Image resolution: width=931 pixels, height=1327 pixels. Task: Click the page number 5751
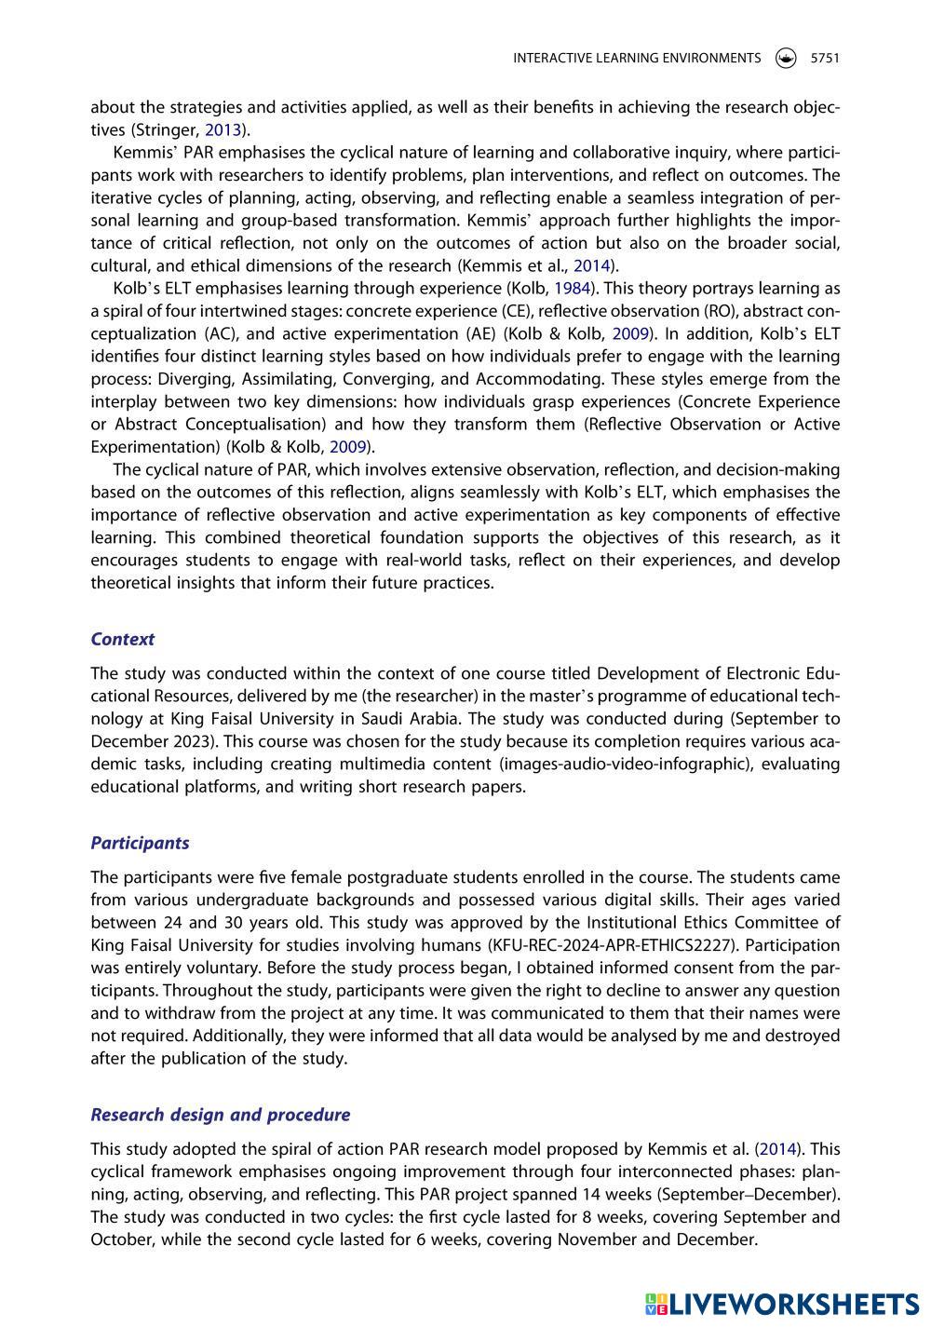tap(825, 58)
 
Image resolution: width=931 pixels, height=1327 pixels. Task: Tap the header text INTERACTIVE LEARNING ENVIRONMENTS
tap(637, 58)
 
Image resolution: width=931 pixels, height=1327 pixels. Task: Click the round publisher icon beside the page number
tap(786, 58)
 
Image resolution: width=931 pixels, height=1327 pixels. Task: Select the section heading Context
tap(122, 639)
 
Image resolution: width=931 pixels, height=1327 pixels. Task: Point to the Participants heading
tap(140, 843)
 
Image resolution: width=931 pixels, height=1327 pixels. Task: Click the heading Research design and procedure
tap(220, 1115)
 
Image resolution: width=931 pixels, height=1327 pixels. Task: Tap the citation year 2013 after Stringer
tap(223, 129)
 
